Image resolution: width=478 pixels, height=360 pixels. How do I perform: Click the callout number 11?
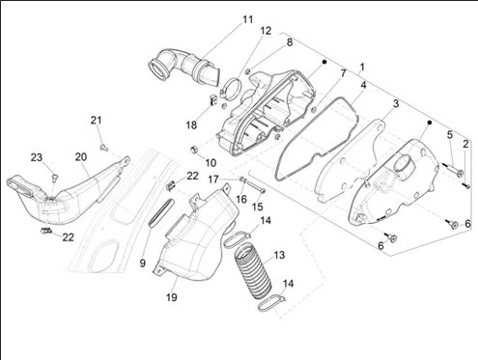[247, 19]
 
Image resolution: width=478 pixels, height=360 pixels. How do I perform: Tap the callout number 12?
[266, 31]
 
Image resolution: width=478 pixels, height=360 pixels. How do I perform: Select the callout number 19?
[172, 297]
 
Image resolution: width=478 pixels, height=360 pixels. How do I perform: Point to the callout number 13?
[279, 255]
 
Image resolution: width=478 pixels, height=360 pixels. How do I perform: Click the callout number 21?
[96, 121]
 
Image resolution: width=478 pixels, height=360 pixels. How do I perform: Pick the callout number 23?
[37, 157]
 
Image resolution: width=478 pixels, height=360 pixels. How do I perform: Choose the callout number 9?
[143, 263]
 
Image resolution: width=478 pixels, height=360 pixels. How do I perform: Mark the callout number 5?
[450, 135]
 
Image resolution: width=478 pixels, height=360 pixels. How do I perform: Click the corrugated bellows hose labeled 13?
[253, 271]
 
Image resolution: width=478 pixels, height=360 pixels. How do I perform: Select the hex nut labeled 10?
[194, 150]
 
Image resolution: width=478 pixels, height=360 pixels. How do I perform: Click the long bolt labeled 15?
[256, 187]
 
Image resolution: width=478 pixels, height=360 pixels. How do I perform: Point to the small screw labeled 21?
[103, 148]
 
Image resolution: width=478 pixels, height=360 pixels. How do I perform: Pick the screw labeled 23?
[54, 177]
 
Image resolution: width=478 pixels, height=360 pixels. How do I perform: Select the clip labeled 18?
[212, 100]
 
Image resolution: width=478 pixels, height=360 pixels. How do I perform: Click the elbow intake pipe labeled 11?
[183, 68]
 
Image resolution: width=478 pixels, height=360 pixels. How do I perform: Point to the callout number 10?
[211, 163]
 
